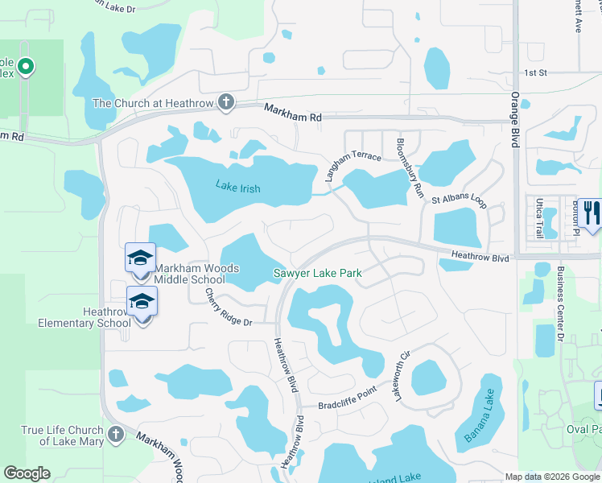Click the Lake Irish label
point(238,187)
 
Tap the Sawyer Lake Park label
point(317,274)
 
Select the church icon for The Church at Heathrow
point(226,102)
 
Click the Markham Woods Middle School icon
point(140,258)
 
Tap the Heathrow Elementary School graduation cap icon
point(142,301)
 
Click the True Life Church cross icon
point(115,435)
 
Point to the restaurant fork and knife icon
point(590,213)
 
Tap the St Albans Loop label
point(459,200)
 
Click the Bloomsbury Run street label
point(409,168)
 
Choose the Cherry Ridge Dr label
point(229,308)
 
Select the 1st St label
point(535,72)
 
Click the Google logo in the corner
point(27,473)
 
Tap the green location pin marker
point(26,67)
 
